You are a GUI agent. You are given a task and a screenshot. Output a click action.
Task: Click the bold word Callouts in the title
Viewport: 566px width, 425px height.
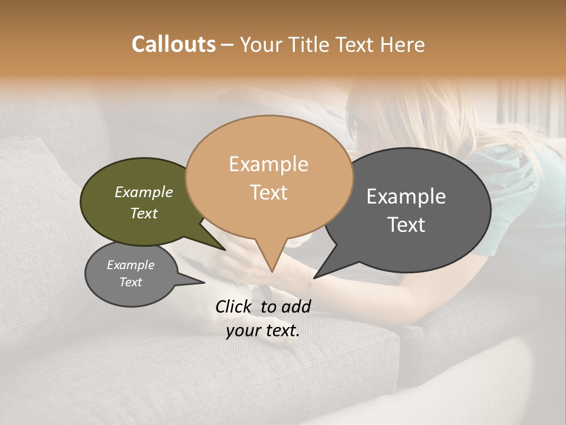pos(173,44)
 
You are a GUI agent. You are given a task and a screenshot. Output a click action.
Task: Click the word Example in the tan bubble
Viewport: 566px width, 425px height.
pos(268,164)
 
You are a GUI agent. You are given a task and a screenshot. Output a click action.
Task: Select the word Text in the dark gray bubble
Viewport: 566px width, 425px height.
pos(406,225)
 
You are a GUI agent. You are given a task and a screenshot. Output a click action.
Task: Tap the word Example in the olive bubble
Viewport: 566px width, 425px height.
pos(144,192)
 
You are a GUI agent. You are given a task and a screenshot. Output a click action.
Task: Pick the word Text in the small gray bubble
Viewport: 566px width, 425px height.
pos(131,282)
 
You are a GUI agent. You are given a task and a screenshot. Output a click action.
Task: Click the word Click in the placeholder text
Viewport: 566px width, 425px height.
pos(235,306)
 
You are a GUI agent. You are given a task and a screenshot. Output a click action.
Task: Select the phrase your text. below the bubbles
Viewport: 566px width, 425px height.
pos(263,331)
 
